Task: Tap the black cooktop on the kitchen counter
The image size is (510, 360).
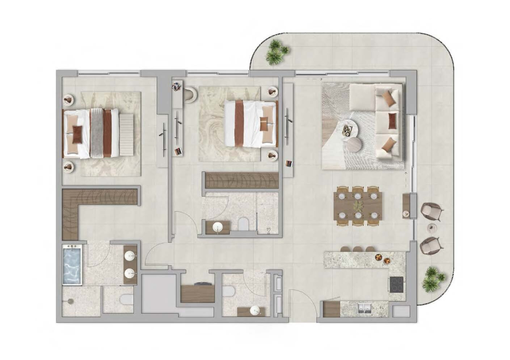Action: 396,284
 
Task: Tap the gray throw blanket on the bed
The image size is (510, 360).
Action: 96,133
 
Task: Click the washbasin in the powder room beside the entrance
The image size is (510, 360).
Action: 253,311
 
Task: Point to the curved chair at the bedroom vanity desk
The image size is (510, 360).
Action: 190,95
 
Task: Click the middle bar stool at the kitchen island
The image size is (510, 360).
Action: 357,249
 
